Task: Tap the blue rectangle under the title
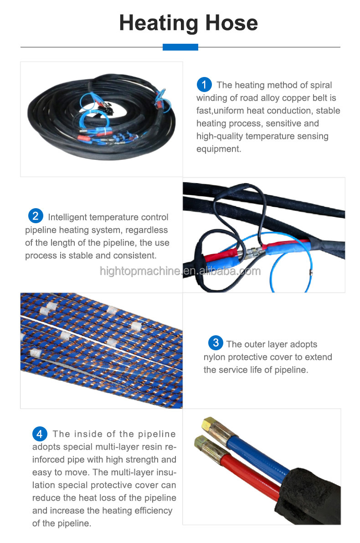click(x=180, y=47)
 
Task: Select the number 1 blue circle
click(x=204, y=84)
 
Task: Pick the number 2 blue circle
click(x=36, y=216)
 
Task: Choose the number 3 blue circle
click(x=216, y=343)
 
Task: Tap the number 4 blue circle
click(x=40, y=433)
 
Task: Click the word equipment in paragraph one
click(x=218, y=149)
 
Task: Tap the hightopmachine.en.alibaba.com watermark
click(x=180, y=271)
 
